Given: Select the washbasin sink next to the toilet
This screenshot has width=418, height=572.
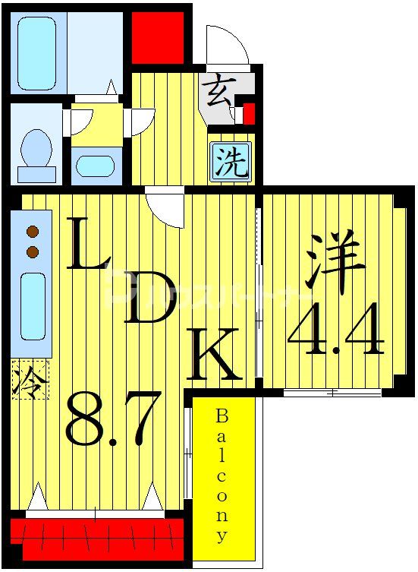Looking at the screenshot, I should tap(95, 166).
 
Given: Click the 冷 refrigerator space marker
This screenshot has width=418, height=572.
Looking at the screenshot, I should tap(29, 379).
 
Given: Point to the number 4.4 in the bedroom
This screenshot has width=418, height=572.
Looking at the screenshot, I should tap(335, 331).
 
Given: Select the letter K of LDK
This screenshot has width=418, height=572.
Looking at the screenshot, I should tap(215, 356).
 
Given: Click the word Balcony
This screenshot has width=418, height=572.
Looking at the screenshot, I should tap(222, 476).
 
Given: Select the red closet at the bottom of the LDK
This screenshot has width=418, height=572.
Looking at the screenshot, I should tap(97, 536).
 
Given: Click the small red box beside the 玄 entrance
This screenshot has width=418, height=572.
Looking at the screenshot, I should tap(248, 114).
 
